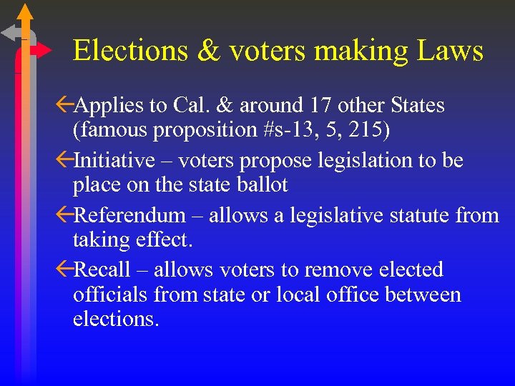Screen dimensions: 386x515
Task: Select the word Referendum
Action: click(130, 215)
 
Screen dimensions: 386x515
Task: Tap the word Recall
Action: click(102, 269)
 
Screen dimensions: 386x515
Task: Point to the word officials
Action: click(109, 295)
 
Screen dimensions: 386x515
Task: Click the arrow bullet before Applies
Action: click(64, 106)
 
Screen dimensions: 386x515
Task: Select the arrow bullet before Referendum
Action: click(64, 215)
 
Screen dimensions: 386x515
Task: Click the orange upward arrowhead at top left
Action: click(25, 11)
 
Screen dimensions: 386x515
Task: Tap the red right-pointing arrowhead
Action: click(43, 51)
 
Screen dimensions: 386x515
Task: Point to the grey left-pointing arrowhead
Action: click(9, 32)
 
